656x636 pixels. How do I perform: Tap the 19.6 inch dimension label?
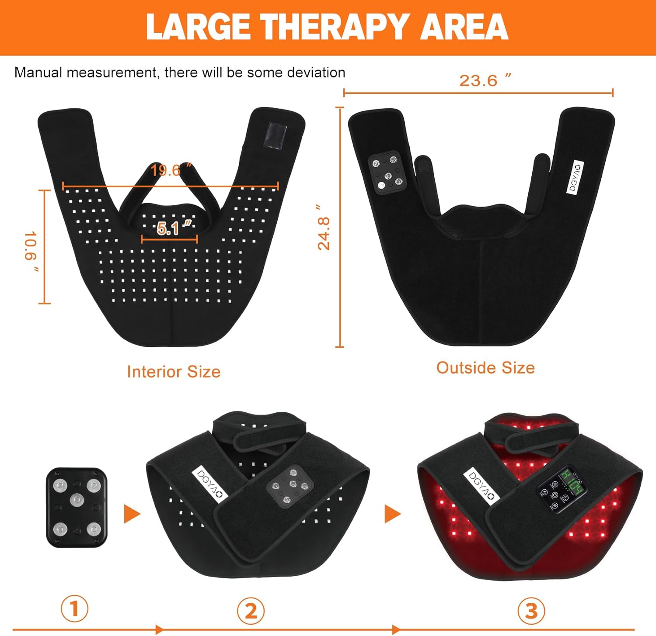(x=171, y=170)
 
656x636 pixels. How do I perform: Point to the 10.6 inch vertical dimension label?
(x=31, y=252)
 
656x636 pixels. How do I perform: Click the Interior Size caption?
(x=174, y=372)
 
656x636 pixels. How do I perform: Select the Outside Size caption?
(x=485, y=368)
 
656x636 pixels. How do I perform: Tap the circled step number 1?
(x=74, y=608)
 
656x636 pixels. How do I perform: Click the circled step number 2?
(x=251, y=610)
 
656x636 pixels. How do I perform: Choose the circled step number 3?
(x=531, y=610)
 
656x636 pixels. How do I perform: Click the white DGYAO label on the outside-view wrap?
(x=575, y=177)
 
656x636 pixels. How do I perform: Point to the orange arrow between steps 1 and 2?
(x=132, y=514)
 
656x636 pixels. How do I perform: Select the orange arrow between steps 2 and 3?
(x=392, y=514)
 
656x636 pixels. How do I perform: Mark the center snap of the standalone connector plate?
(x=77, y=499)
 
